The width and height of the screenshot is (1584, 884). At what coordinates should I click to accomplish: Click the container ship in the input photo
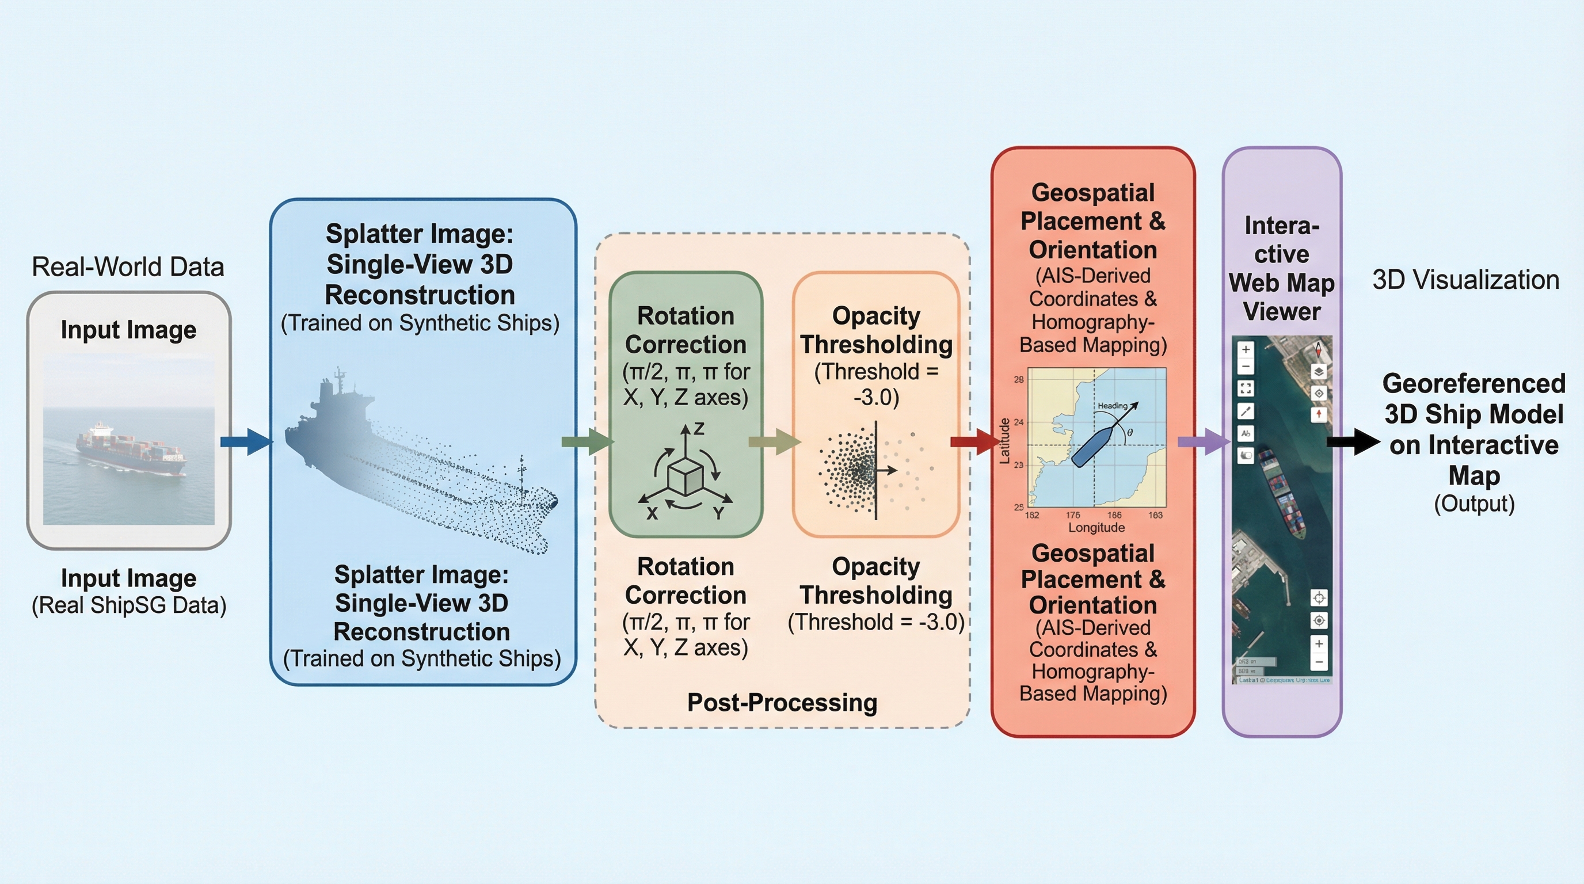[130, 448]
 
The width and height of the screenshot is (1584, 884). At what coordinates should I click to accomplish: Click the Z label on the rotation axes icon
[699, 429]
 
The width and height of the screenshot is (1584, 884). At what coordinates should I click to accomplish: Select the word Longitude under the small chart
[1096, 527]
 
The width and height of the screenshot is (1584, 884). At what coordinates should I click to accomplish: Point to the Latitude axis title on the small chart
[1004, 440]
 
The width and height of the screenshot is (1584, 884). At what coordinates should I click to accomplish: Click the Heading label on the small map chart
[1113, 406]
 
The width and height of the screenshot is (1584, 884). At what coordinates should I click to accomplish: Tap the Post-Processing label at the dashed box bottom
[782, 703]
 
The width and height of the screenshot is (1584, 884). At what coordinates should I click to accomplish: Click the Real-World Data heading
[128, 267]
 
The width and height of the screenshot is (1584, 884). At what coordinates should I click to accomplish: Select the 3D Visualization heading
[1465, 280]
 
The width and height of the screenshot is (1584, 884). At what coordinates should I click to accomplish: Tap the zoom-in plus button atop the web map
[1246, 349]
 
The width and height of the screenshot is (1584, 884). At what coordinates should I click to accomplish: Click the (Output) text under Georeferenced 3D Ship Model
[1474, 504]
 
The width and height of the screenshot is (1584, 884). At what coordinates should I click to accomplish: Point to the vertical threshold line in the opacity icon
[875, 470]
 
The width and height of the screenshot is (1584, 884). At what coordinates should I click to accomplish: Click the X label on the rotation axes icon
[652, 513]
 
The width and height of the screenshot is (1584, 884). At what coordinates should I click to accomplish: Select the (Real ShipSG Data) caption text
[129, 605]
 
